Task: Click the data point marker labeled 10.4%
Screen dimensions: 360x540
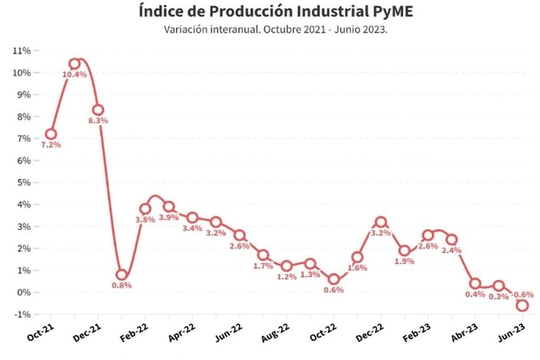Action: (x=74, y=63)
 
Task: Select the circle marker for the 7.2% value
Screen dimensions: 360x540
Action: (x=51, y=134)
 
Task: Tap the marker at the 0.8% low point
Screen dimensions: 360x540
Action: (x=122, y=275)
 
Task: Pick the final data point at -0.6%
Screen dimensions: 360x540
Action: (x=523, y=305)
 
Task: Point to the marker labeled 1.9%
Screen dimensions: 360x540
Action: (x=405, y=251)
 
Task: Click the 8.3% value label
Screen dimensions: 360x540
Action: (x=98, y=120)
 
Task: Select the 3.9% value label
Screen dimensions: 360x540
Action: (x=169, y=217)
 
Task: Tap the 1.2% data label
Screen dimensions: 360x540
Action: (x=287, y=277)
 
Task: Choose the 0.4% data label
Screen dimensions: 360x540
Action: (x=475, y=295)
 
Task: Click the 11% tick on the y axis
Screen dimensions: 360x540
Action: (x=21, y=51)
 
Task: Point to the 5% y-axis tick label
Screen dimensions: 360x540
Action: (x=24, y=182)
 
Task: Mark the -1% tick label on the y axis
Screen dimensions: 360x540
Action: (x=22, y=314)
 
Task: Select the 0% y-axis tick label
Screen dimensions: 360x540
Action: (x=24, y=292)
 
